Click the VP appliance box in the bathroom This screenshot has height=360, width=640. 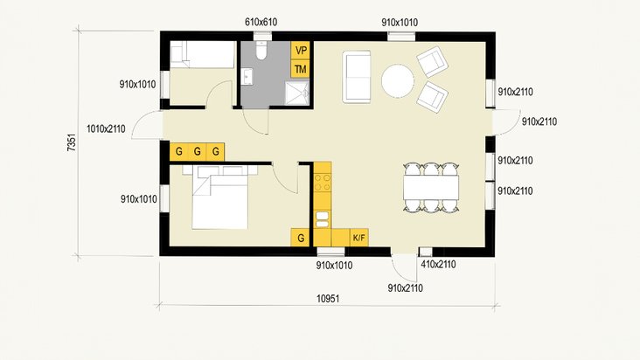click(301, 51)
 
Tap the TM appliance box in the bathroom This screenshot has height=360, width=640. click(301, 69)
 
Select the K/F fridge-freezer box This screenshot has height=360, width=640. click(359, 237)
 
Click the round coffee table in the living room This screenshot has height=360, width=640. click(398, 82)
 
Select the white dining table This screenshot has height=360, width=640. click(431, 187)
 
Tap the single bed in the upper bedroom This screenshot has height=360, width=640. click(199, 55)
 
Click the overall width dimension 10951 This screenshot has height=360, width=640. click(326, 298)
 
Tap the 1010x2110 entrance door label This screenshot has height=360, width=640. click(107, 129)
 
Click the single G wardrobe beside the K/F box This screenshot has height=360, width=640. click(301, 237)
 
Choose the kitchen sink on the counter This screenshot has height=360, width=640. click(323, 218)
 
